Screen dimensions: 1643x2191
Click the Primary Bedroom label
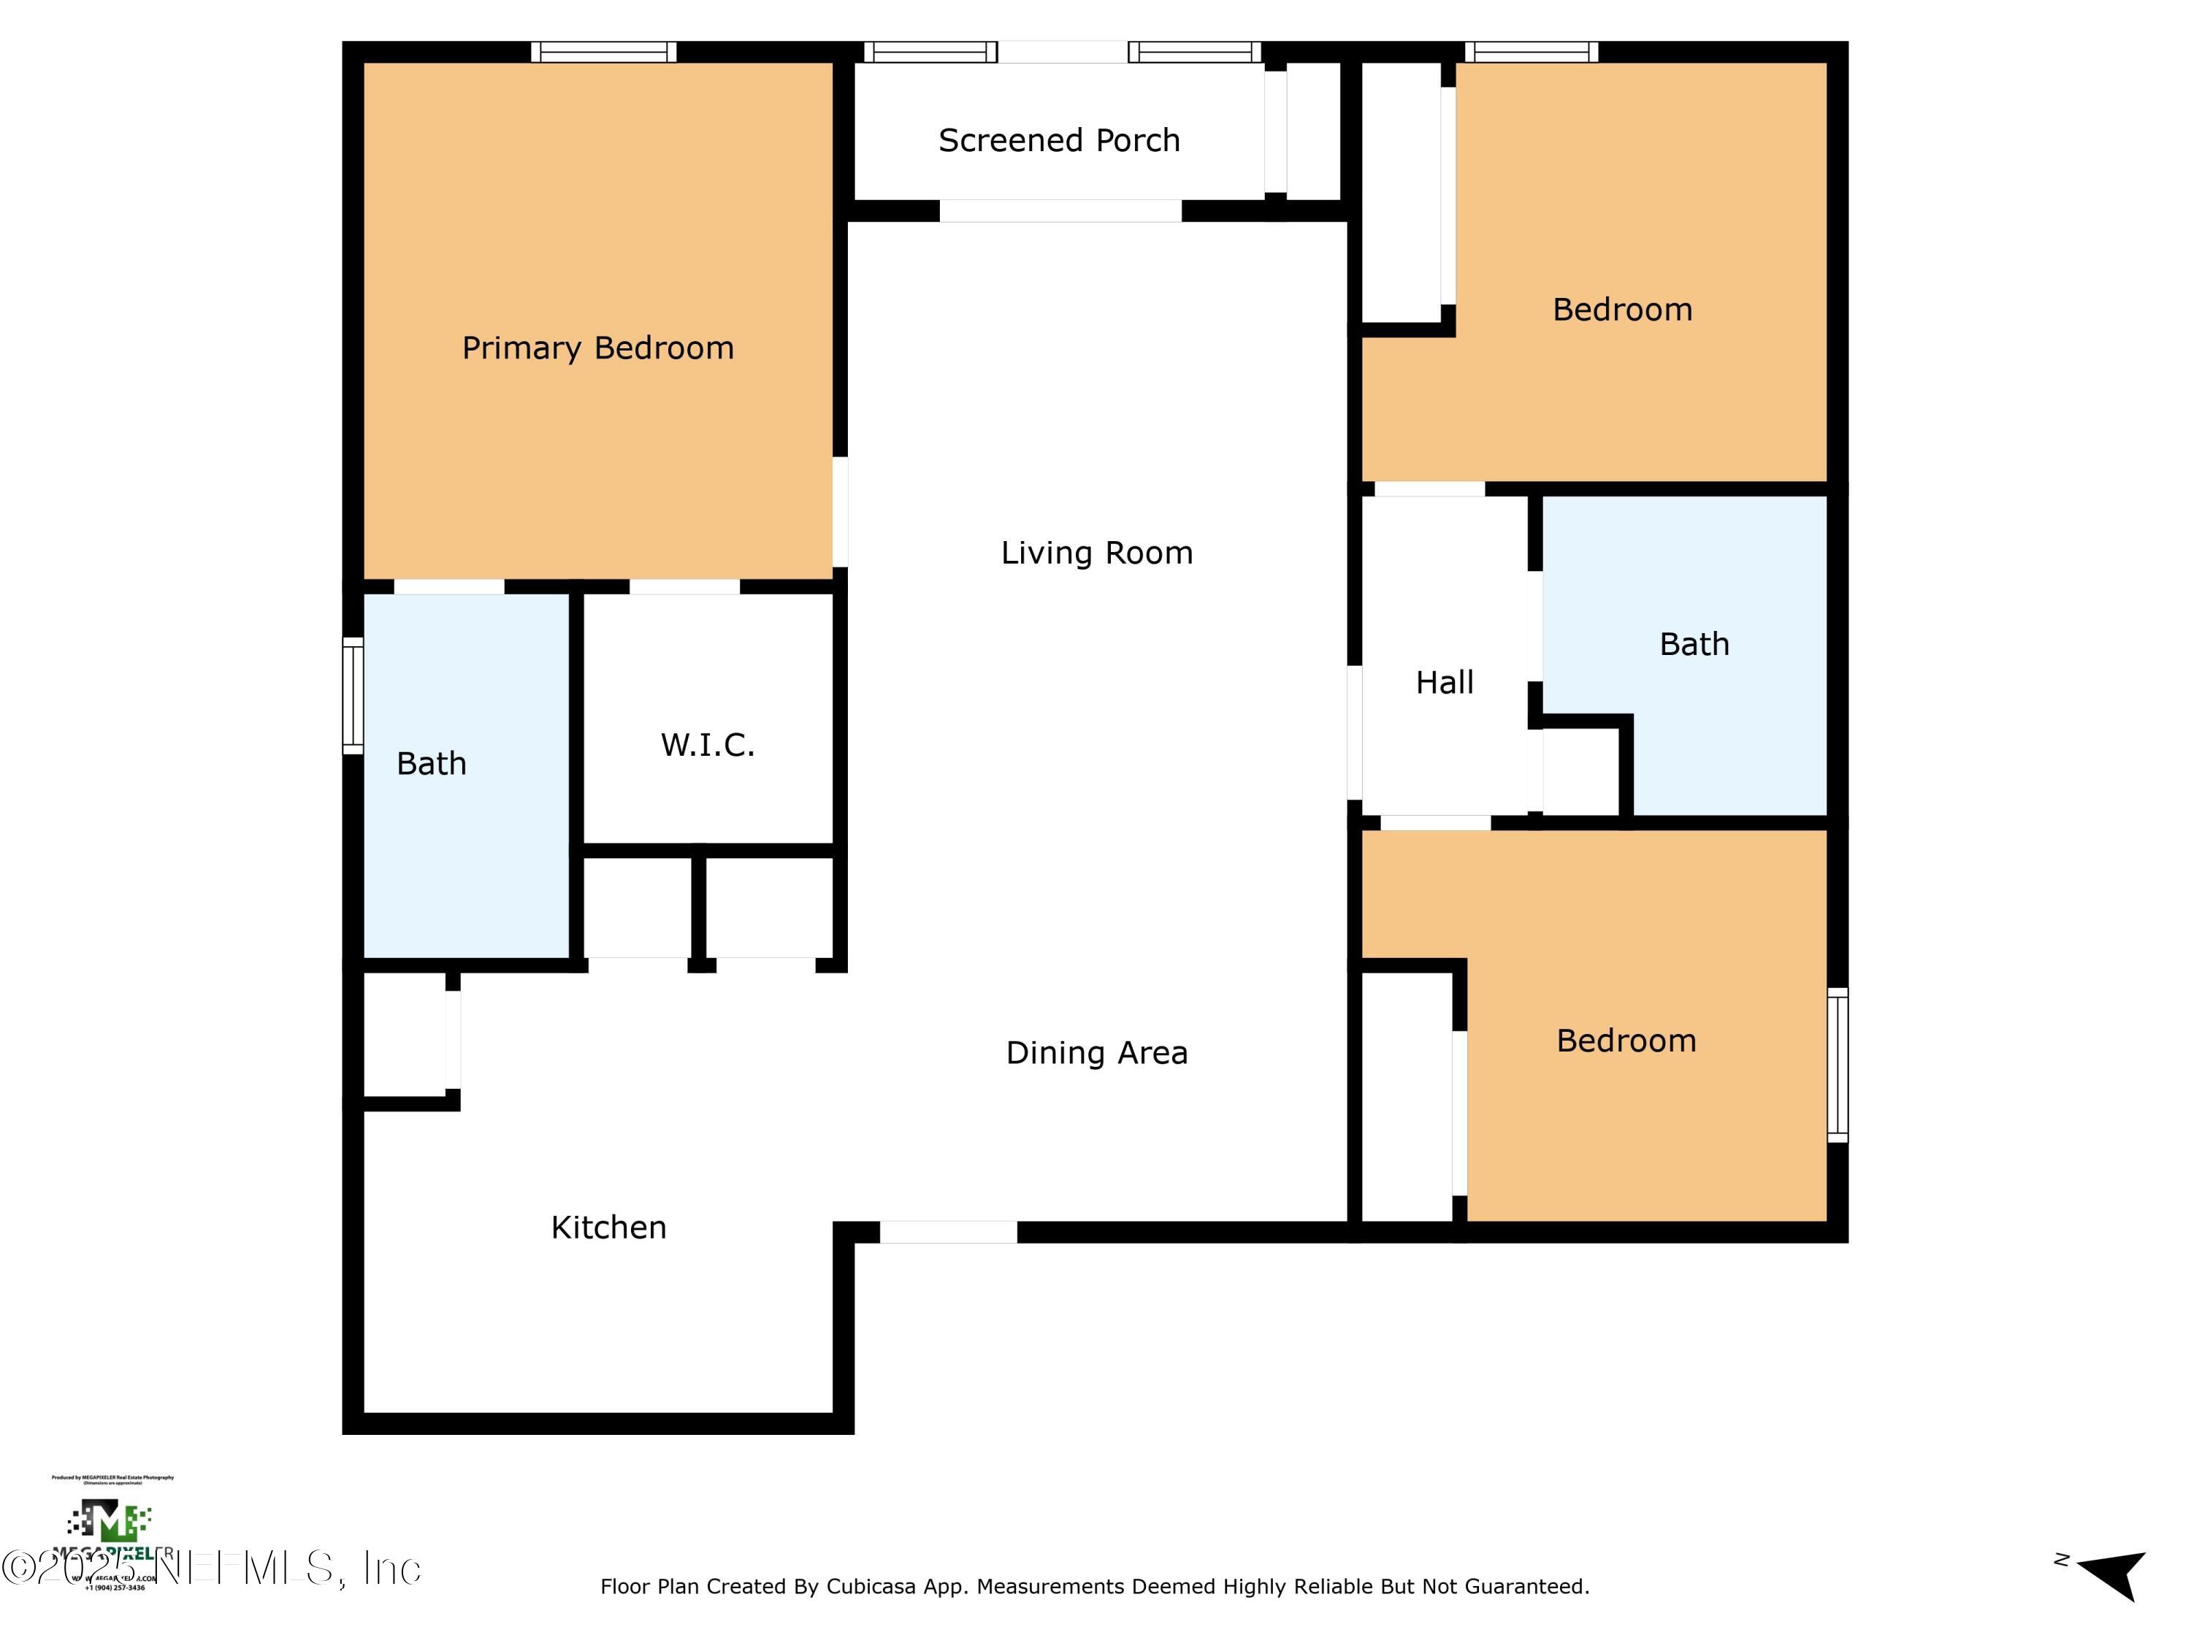click(597, 348)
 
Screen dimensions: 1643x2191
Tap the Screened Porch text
click(1059, 141)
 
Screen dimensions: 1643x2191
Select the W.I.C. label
click(707, 745)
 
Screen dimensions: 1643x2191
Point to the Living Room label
click(1096, 553)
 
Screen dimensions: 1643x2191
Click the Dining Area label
click(1096, 1053)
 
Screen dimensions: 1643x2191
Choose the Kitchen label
click(608, 1228)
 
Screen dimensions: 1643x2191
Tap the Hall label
click(1444, 682)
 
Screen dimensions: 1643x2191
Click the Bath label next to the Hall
click(1694, 645)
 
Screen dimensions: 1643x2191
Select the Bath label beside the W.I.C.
click(431, 764)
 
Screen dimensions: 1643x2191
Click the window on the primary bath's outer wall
click(353, 695)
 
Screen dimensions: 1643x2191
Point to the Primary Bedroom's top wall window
click(603, 52)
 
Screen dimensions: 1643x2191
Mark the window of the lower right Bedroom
click(1838, 1065)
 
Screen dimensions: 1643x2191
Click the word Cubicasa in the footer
click(868, 1588)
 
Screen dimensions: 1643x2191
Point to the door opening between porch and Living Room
click(1060, 211)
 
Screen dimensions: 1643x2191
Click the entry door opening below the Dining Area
click(948, 1232)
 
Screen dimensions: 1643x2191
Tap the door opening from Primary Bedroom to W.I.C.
click(684, 587)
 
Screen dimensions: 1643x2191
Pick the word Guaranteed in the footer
click(1526, 1588)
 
